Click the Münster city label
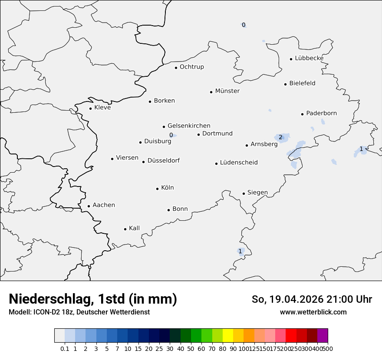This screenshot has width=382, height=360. [x=227, y=91]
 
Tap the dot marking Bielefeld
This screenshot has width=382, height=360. [x=286, y=84]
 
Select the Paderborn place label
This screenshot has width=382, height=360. [x=321, y=113]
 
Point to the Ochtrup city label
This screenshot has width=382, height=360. [x=191, y=67]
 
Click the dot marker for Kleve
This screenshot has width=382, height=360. [x=90, y=108]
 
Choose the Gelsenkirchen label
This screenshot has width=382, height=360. [x=189, y=126]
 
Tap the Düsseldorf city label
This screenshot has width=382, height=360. [x=163, y=160]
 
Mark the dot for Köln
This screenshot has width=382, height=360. [x=157, y=189]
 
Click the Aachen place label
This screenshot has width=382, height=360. [x=104, y=205]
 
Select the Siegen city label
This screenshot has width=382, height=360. [x=257, y=193]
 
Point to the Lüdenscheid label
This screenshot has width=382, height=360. [x=239, y=163]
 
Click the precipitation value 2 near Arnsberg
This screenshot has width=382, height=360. [x=280, y=137]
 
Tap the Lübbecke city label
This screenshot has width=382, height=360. [x=309, y=58]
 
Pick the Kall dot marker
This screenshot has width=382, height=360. [x=125, y=229]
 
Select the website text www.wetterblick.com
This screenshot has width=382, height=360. [x=313, y=312]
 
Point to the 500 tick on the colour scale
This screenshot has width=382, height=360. [x=328, y=349]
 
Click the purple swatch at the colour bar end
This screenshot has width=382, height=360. [x=323, y=336]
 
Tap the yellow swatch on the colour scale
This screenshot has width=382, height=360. [x=228, y=336]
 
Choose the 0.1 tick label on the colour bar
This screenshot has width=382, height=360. [x=65, y=349]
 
